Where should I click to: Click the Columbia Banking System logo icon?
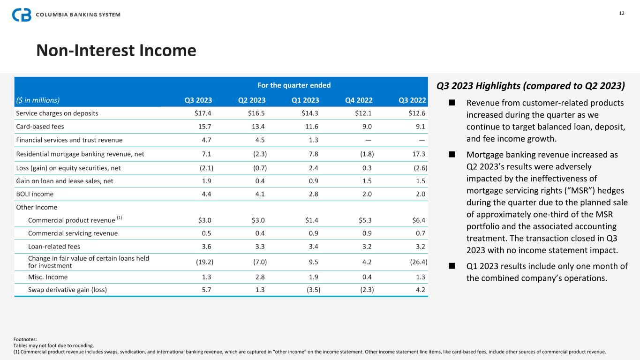[22, 15]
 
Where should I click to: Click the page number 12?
[622, 13]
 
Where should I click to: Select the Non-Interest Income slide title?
[116, 50]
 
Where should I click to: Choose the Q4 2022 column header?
[359, 99]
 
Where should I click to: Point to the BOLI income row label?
[35, 194]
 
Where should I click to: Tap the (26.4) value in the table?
[418, 261]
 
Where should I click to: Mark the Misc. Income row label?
[48, 277]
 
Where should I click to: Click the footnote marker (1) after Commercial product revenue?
[120, 218]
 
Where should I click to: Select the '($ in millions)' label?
[38, 99]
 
